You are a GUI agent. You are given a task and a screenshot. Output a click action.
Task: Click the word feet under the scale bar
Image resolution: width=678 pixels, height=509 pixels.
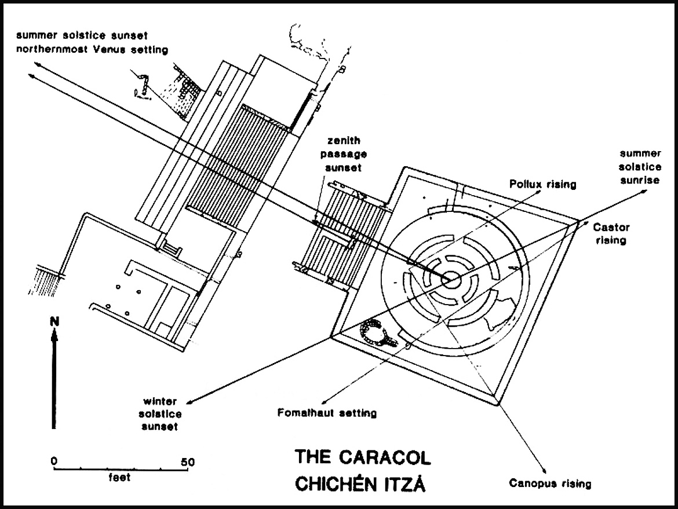(119, 478)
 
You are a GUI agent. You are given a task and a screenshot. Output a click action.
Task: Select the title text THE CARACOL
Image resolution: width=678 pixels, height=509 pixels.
(363, 457)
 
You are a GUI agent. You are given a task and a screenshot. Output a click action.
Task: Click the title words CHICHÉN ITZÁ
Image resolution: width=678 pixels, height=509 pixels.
(360, 484)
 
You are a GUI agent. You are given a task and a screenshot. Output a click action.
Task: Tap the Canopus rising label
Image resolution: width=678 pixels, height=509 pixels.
(550, 482)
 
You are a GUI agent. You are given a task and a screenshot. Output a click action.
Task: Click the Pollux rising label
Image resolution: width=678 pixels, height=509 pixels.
(542, 185)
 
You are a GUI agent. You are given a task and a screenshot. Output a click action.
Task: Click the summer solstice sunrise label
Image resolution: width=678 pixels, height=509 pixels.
(640, 167)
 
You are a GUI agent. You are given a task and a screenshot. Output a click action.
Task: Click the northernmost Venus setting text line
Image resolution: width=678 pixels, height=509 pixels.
(92, 50)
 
